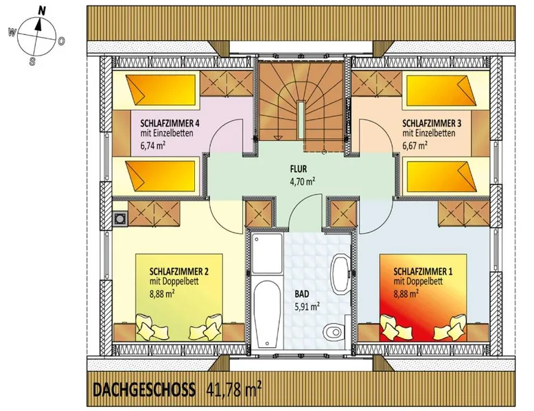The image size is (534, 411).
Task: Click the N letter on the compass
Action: point(42,10)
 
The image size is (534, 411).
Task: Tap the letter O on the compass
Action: point(61,42)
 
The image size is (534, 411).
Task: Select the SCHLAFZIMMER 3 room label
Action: point(432,123)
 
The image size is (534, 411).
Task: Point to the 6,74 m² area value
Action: point(153,145)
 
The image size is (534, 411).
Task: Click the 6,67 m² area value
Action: point(415,145)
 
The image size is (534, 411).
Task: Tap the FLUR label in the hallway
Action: point(299,169)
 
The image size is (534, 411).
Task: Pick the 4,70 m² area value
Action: point(302,181)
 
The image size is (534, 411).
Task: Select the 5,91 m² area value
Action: point(307,307)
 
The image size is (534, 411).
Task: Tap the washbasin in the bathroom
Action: point(340,274)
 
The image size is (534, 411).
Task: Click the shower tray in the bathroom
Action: point(267,253)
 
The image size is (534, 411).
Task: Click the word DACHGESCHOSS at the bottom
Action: point(144,390)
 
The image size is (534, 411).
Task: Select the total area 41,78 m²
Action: point(234,390)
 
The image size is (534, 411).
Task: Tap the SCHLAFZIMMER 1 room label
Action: point(423,272)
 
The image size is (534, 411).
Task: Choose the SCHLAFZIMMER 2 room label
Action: point(179,272)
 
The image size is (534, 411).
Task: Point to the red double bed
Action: point(423,297)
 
